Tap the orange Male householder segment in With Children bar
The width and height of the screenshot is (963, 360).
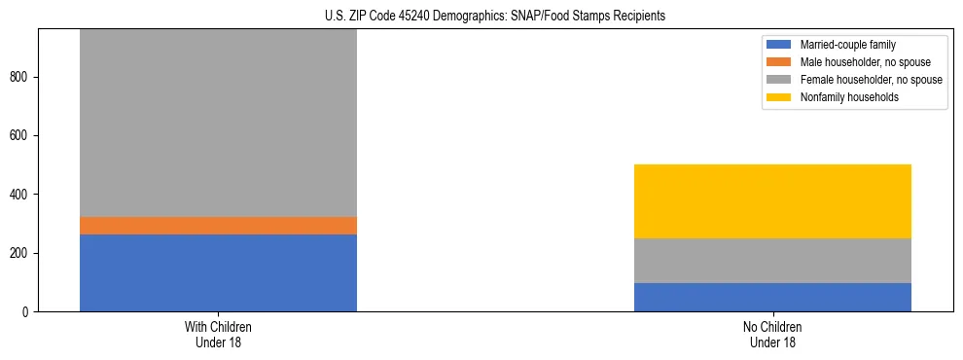pos(218,226)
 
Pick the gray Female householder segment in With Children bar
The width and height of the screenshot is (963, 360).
pos(218,123)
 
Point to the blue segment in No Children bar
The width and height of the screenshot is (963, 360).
pos(772,297)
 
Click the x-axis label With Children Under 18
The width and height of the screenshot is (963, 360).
pos(218,334)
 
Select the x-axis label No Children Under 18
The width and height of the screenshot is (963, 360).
pos(772,334)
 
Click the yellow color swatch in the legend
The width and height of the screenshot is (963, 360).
pos(779,97)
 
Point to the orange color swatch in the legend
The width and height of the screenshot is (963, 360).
pos(779,62)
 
